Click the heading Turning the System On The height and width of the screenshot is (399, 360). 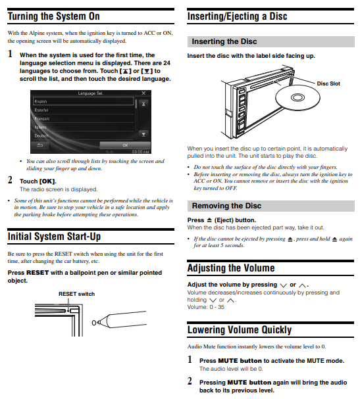click(x=54, y=16)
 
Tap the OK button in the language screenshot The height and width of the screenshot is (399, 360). click(x=125, y=145)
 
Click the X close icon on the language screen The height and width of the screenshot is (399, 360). click(x=143, y=93)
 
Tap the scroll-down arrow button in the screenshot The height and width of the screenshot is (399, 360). click(x=143, y=134)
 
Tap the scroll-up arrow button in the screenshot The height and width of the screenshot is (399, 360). click(x=143, y=104)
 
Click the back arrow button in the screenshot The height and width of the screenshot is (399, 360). click(x=39, y=145)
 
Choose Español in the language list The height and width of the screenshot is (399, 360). click(x=41, y=110)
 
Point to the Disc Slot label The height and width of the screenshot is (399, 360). click(x=328, y=83)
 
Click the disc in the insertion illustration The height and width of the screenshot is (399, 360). click(x=297, y=98)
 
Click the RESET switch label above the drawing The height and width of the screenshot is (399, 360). click(x=76, y=294)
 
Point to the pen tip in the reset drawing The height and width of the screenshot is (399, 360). click(x=93, y=323)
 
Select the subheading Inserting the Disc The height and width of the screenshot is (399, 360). click(x=224, y=41)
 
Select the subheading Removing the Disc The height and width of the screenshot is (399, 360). click(x=226, y=206)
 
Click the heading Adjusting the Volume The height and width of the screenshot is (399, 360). click(x=231, y=268)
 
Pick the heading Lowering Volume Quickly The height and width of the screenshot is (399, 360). click(x=240, y=330)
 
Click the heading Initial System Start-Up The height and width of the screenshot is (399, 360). click(x=54, y=237)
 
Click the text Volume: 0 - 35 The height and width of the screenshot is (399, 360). click(x=206, y=307)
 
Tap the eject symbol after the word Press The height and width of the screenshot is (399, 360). click(x=209, y=220)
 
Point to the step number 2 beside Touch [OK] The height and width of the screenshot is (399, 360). click(x=10, y=180)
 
